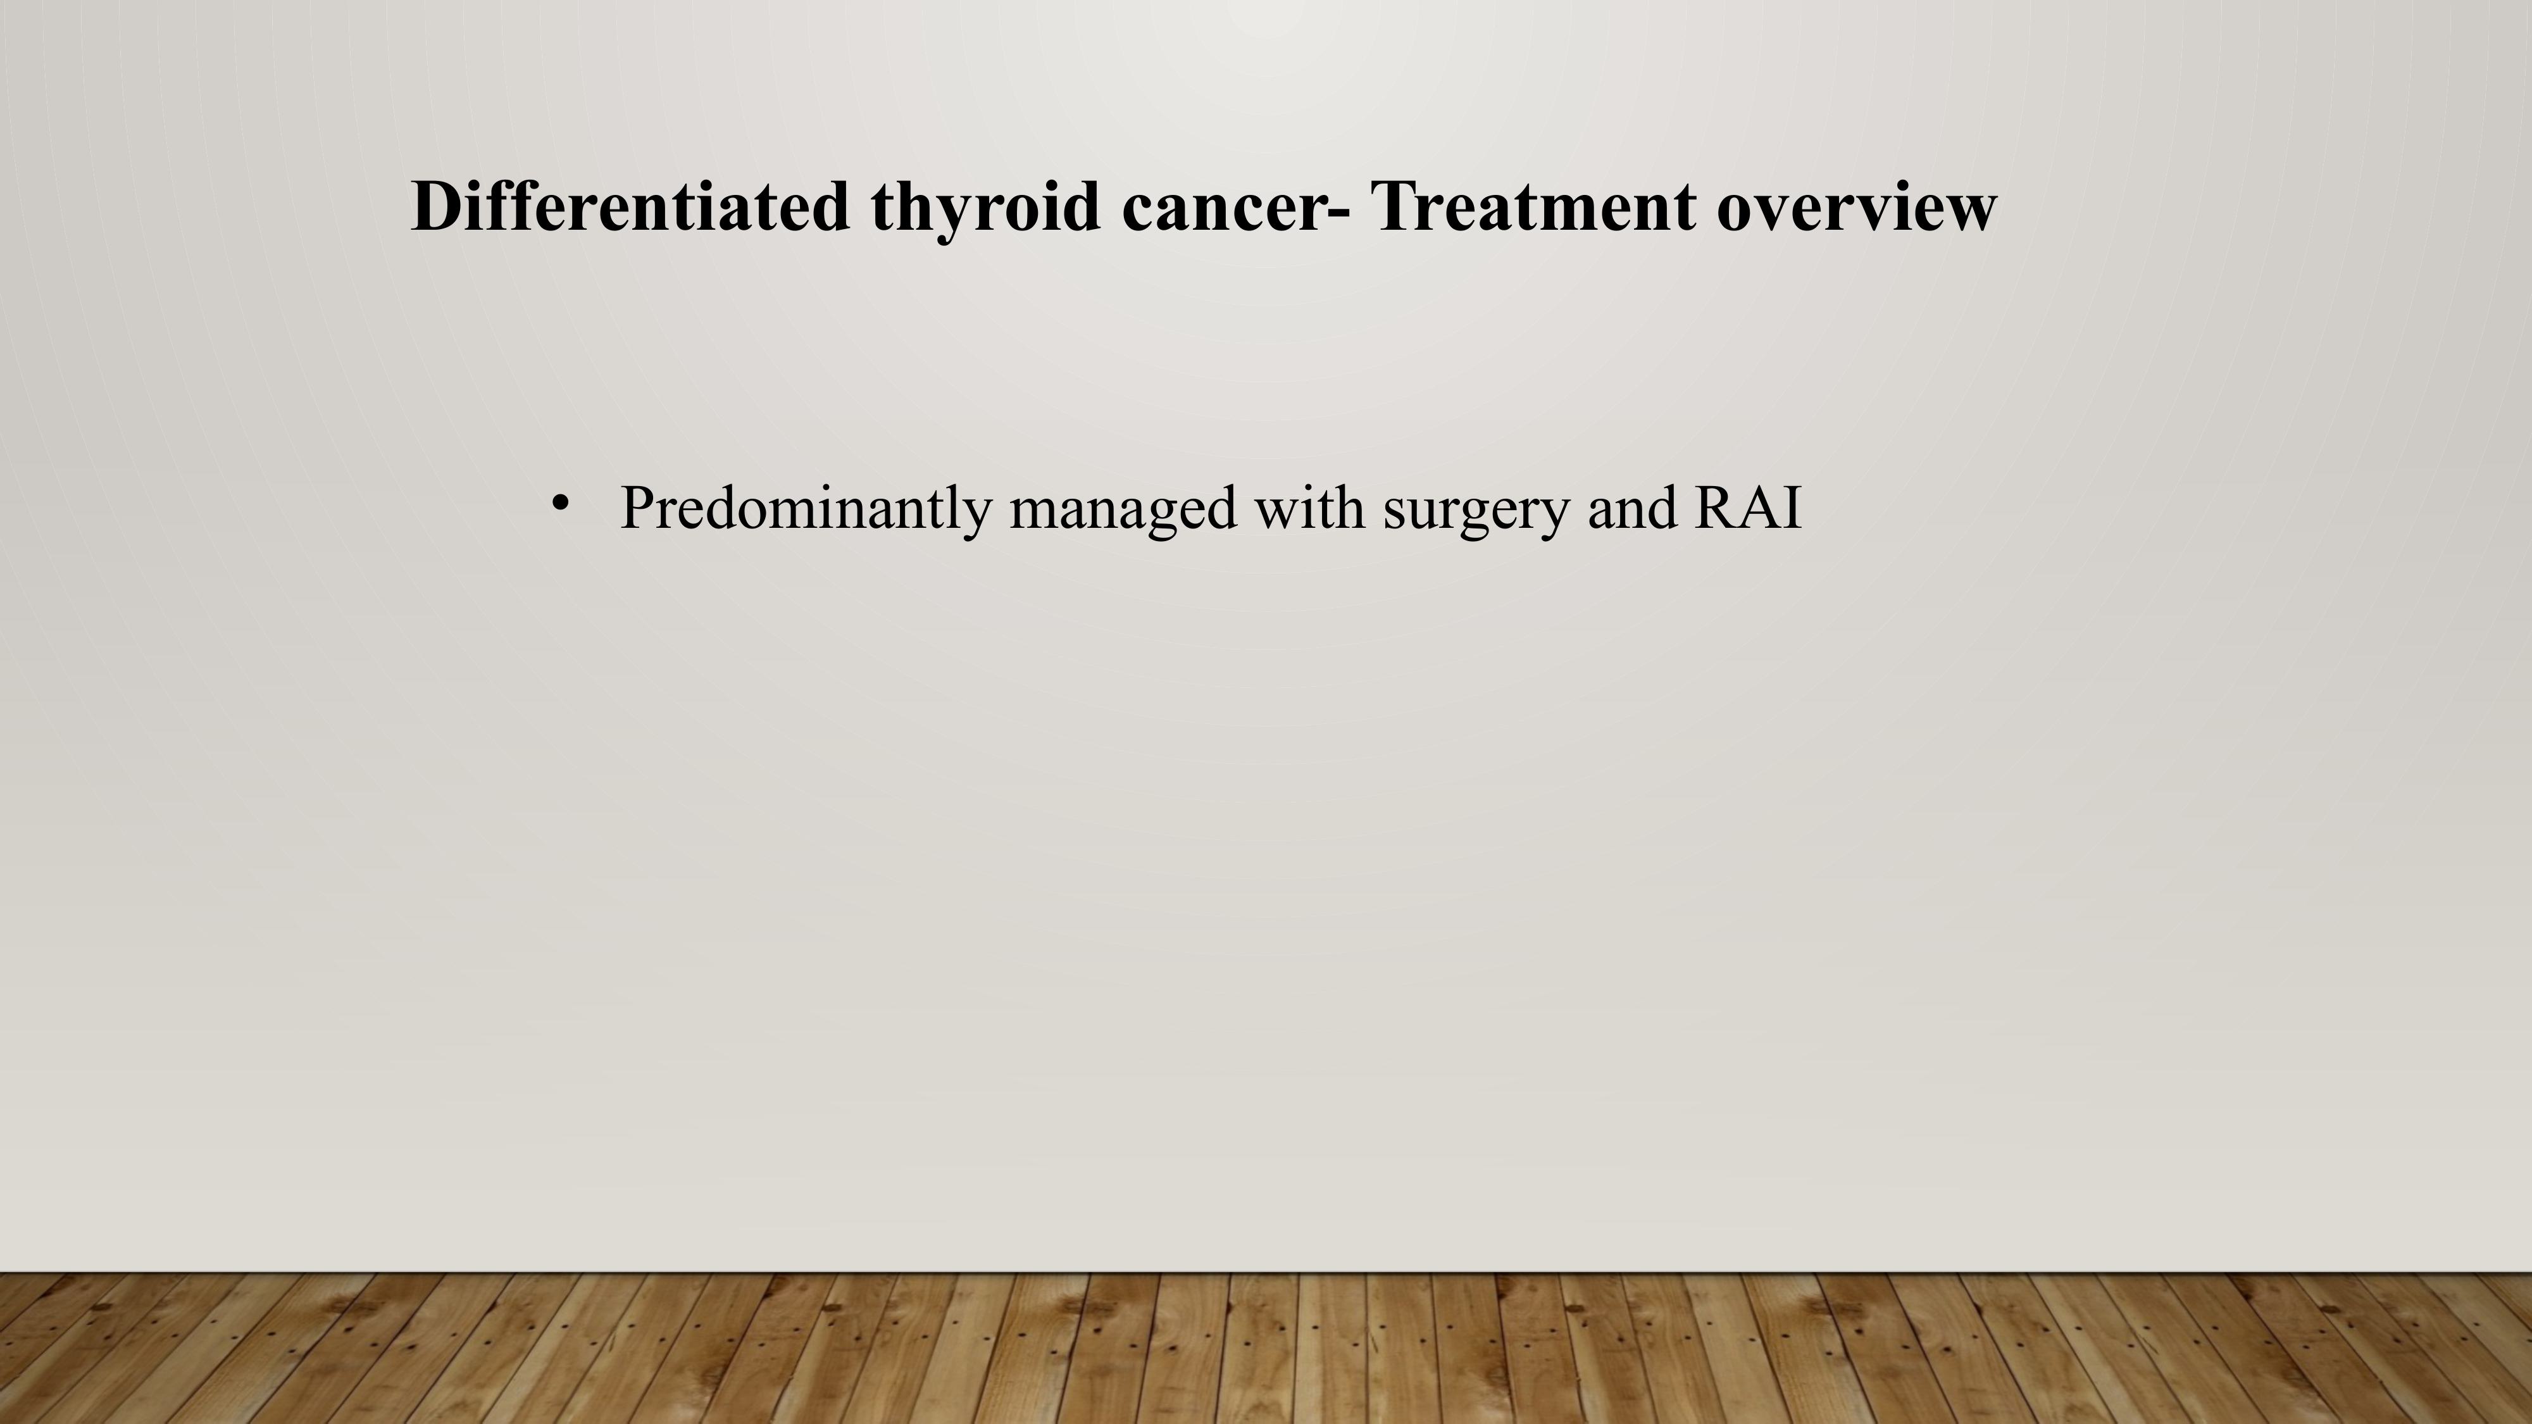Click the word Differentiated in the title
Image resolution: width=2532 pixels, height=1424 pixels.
[x=630, y=206]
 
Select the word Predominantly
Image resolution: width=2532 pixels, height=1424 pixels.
[x=805, y=509]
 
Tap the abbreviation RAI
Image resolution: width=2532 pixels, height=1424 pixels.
[x=1749, y=508]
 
